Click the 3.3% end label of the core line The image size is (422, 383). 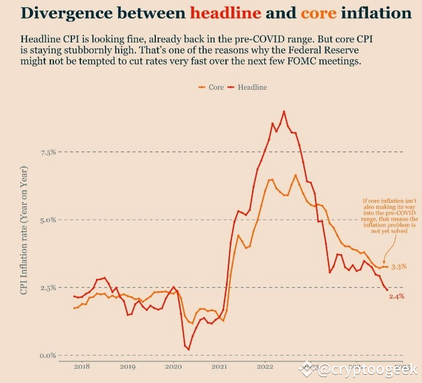399,266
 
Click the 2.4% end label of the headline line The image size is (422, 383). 397,296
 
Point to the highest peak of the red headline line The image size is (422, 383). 284,111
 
